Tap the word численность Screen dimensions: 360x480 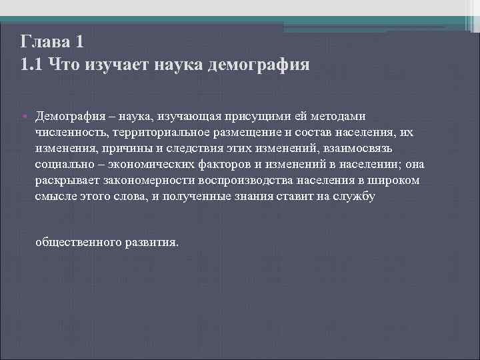click(x=72, y=132)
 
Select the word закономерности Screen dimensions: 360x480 click(x=147, y=181)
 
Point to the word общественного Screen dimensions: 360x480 click(x=78, y=242)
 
